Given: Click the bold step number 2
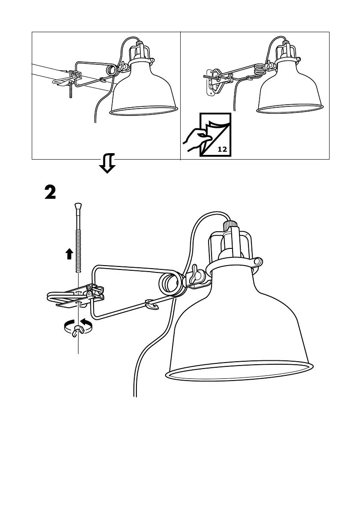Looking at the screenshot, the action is [x=50, y=193].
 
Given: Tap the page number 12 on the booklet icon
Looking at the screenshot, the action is [x=222, y=149].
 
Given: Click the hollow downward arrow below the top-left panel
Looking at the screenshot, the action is [x=107, y=163].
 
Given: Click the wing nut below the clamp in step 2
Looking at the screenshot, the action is [x=79, y=329].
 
